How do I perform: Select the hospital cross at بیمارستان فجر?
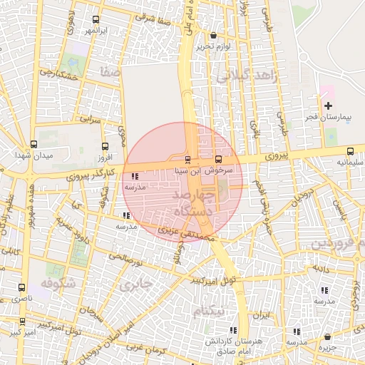tap(327, 106)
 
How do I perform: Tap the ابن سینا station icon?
tap(187, 160)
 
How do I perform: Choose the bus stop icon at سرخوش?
tap(218, 160)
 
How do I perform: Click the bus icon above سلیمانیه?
tap(350, 151)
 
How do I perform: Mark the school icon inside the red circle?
tap(135, 176)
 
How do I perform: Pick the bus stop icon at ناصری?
tap(21, 287)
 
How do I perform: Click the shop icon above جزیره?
tap(327, 336)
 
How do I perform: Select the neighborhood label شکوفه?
tap(57, 284)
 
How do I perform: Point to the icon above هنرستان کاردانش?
tap(233, 330)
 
